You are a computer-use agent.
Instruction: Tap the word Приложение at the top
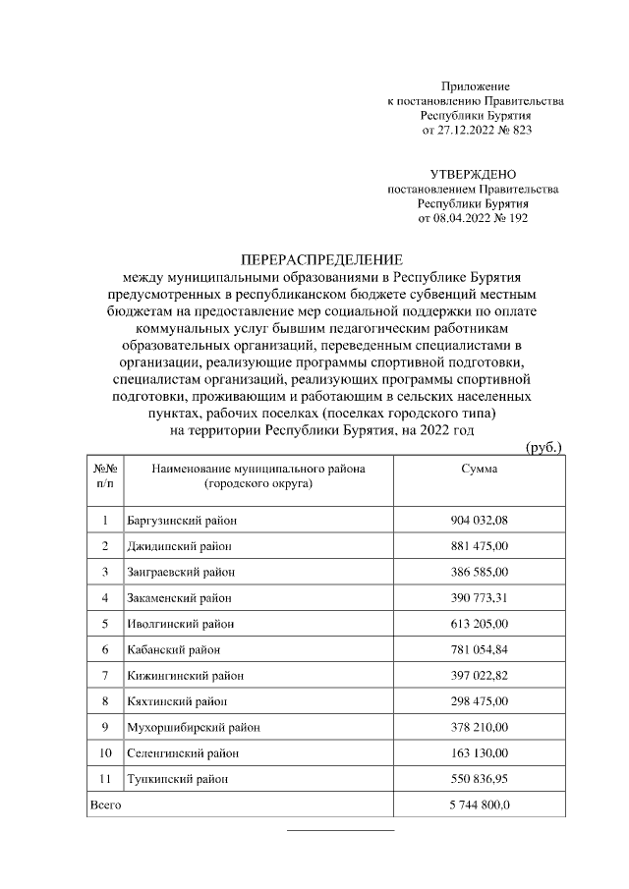click(x=476, y=87)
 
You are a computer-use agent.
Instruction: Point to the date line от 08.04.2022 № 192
click(x=473, y=218)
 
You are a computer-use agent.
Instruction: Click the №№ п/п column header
click(x=104, y=476)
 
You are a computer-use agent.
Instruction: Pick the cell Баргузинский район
click(x=182, y=520)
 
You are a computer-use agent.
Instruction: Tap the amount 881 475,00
click(x=479, y=545)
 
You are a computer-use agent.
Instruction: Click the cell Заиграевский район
click(x=182, y=571)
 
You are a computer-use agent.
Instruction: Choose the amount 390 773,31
click(x=479, y=597)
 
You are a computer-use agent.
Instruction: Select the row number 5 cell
click(x=104, y=623)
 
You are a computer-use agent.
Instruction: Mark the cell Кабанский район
click(x=173, y=649)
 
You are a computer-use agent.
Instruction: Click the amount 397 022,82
click(x=479, y=675)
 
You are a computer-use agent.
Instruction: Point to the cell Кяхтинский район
click(x=176, y=701)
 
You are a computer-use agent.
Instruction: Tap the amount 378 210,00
click(x=479, y=727)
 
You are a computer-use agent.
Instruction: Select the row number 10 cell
click(x=104, y=753)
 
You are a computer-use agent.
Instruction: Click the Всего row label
click(x=105, y=805)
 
